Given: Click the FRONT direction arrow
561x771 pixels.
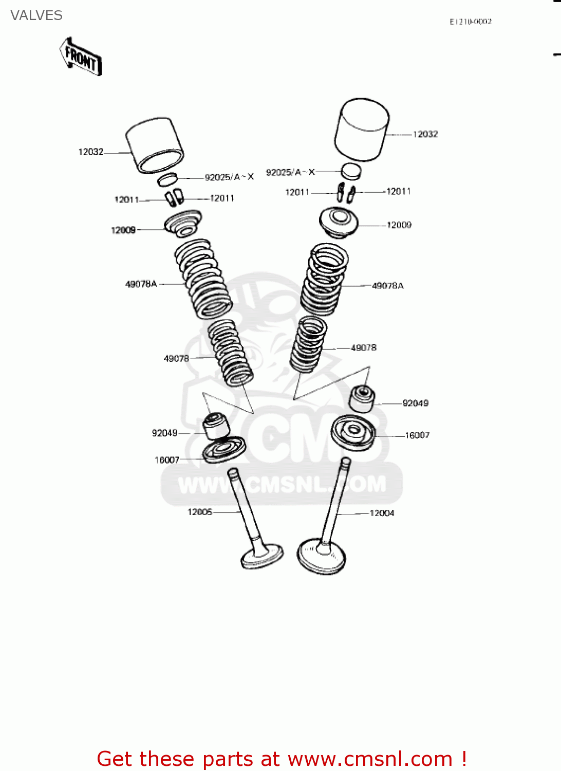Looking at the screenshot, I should [x=81, y=57].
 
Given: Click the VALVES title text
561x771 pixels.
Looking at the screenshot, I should [x=36, y=15].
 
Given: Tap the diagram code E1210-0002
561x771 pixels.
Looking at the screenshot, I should [x=470, y=22].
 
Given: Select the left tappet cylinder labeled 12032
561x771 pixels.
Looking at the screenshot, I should [x=155, y=145].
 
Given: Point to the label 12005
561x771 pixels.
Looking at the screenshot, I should [x=200, y=512].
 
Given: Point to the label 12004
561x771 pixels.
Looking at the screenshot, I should [x=382, y=513].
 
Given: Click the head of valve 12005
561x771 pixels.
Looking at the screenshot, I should [x=262, y=557].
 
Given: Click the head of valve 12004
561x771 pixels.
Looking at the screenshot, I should [x=322, y=557].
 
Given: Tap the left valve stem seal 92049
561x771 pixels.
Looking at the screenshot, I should [x=216, y=425].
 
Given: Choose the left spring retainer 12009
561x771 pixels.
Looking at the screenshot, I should [x=182, y=224].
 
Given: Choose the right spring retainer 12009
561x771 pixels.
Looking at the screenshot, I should [x=338, y=222].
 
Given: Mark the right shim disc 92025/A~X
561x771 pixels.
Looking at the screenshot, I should [x=351, y=171].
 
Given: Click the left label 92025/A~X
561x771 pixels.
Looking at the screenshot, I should [x=229, y=177].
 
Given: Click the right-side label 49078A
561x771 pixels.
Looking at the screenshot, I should [x=388, y=286].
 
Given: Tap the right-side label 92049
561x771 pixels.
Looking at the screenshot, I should [x=415, y=403].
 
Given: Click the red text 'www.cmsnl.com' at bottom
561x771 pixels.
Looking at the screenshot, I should [x=369, y=759].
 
